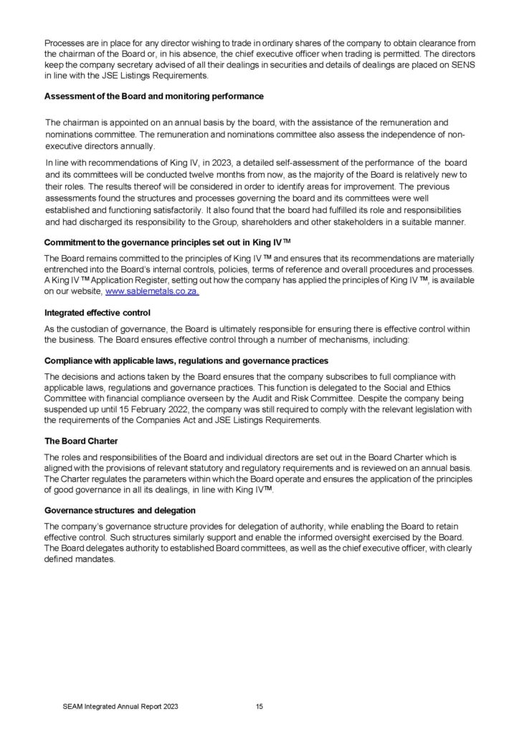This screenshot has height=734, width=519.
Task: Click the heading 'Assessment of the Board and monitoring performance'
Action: coord(153,96)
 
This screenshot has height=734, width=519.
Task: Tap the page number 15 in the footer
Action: coord(259,707)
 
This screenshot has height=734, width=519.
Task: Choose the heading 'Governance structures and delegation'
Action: coord(120,510)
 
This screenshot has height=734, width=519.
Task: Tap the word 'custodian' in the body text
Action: coord(89,328)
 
